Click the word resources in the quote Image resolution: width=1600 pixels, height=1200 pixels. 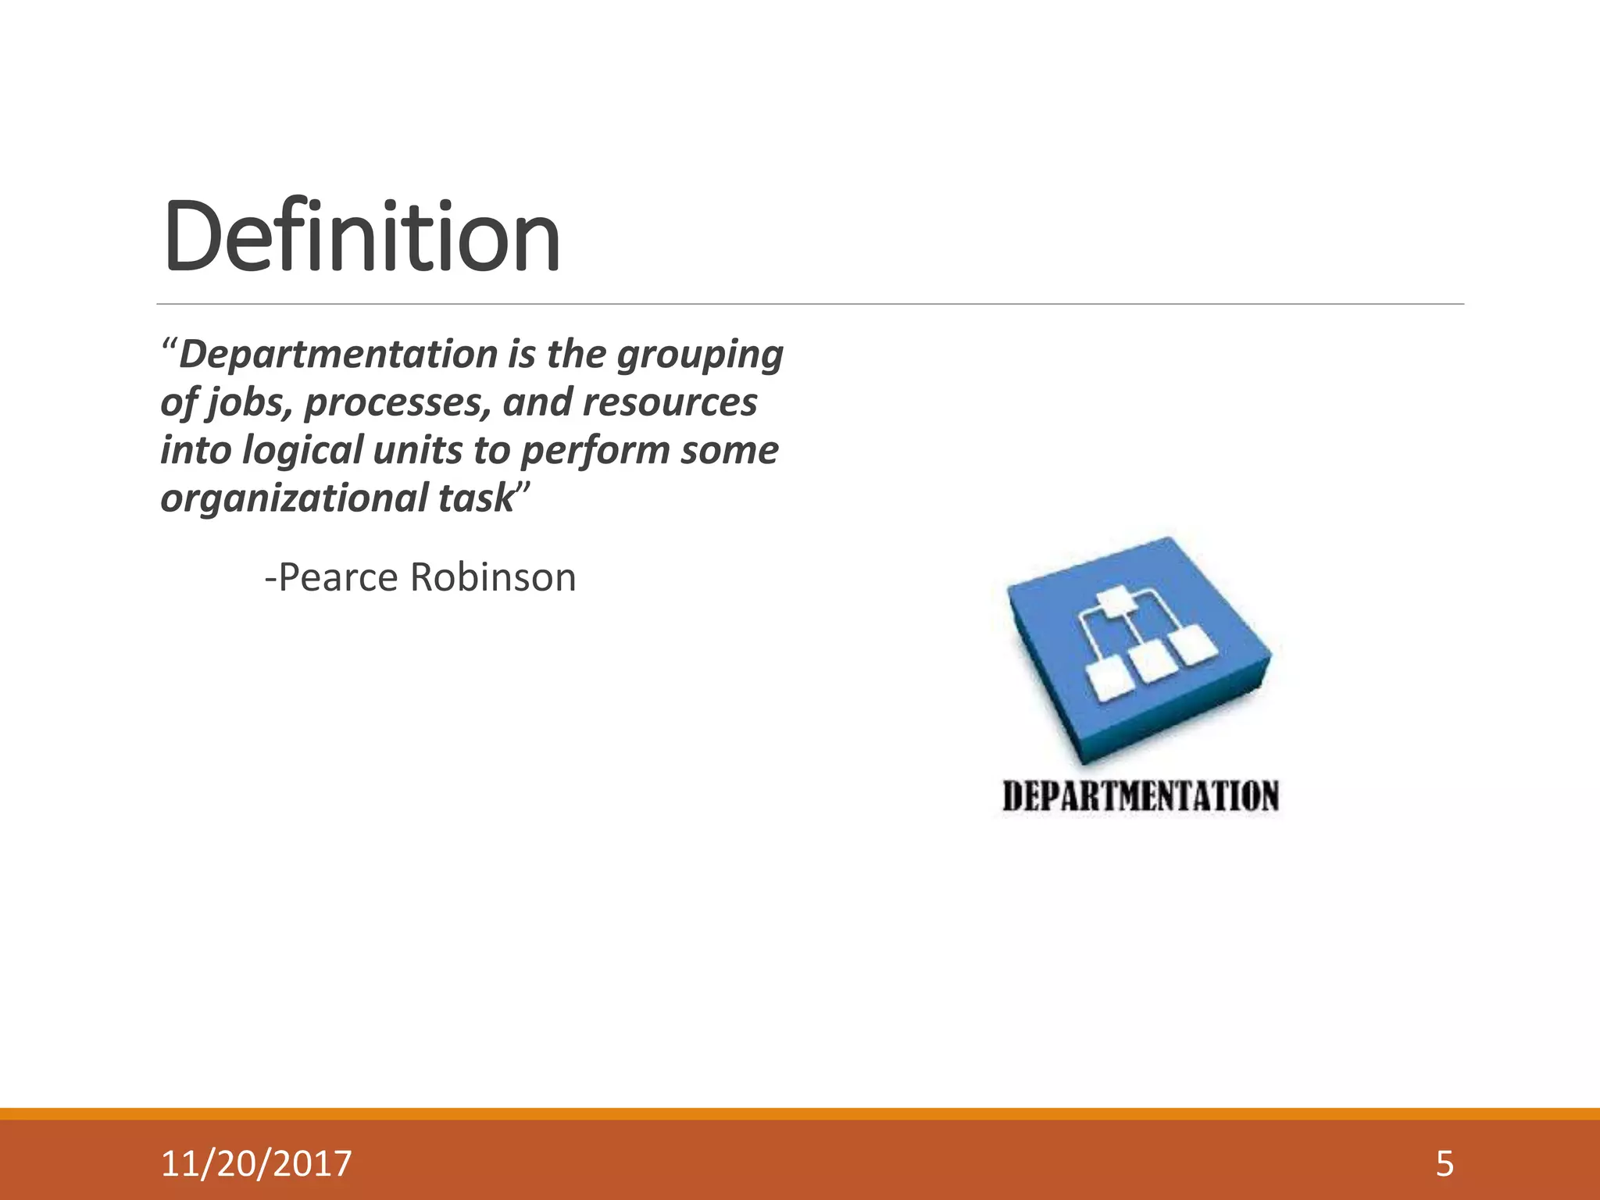coord(670,402)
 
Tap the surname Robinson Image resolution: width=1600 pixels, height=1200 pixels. coord(493,577)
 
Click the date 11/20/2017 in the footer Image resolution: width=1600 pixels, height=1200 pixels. coord(256,1163)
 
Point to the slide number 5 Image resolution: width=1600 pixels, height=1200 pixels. coord(1445,1163)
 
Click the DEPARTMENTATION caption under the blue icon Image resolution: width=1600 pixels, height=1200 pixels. coord(1141,797)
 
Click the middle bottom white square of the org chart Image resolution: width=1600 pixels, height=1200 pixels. coord(1149,661)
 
